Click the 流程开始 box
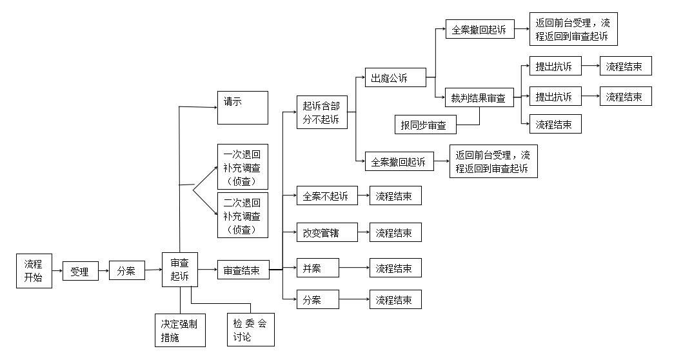coord(34,271)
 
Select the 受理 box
coord(81,271)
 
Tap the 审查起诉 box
coord(180,269)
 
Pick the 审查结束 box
coord(244,270)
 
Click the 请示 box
coord(243,108)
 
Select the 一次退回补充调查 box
coord(243,166)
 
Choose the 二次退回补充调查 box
coord(243,215)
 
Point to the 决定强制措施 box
coord(181,330)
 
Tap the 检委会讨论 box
coord(251,330)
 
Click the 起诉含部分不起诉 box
coord(322,112)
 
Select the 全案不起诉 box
coord(327,195)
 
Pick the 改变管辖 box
coord(327,232)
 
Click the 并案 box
coord(318,268)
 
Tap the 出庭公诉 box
coord(395,77)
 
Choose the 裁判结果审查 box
coord(480,97)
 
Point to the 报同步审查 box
coord(426,125)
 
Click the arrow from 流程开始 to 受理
coord(57,271)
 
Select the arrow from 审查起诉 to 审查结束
coord(208,270)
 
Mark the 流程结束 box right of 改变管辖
coord(395,232)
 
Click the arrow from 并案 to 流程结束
coord(354,268)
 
